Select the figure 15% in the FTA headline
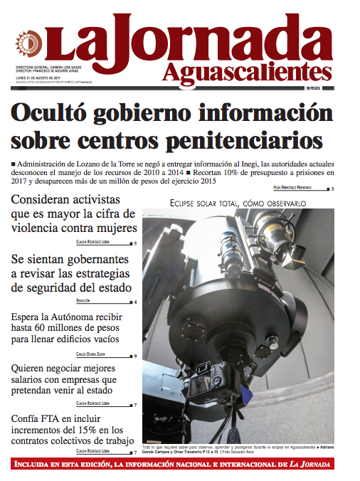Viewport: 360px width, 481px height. [91, 430]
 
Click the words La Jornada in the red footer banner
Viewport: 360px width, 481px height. [321, 465]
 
